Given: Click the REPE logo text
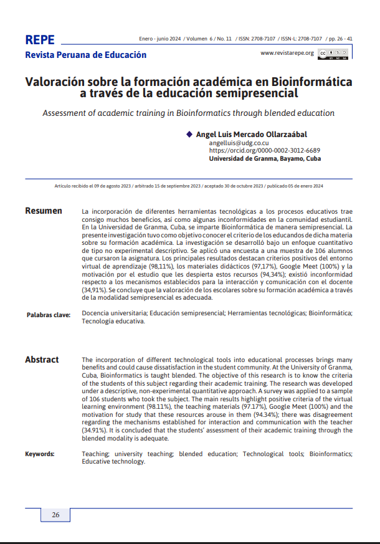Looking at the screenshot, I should pos(40,41).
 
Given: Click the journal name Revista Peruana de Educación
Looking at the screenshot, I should pos(85,55).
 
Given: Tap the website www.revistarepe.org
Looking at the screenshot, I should pos(287,54).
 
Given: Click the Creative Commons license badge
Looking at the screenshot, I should pos(333,54).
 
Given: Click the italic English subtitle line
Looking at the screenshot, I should pos(188,113).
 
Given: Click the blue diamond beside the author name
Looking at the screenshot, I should pos(189,134).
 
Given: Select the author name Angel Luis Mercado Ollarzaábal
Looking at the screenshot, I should pos(251,135).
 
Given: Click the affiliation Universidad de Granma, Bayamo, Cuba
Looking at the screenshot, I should pos(265,159).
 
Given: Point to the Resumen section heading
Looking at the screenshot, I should pos(44,211).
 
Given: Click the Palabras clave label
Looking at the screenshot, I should pos(48,315).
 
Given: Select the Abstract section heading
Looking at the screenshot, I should pos(42,360).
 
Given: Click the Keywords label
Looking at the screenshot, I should pos(40,454).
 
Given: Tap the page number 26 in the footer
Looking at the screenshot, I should pos(55,515).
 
